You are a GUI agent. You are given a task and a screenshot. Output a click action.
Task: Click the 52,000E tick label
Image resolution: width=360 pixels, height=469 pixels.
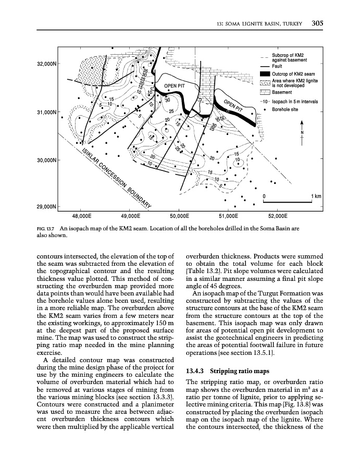pos(277,215)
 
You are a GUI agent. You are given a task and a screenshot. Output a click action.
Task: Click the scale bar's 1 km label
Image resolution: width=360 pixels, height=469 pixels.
pos(316,196)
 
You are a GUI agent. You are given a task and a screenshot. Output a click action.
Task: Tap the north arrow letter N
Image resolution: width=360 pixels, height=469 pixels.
pos(302,132)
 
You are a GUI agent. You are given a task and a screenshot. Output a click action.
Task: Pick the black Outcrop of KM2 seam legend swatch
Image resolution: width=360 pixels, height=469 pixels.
pos(264,74)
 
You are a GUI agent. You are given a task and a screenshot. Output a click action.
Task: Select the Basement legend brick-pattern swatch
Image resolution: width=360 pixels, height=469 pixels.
pos(264,93)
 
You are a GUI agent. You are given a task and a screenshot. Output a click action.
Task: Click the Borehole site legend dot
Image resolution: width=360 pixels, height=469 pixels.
pos(265,109)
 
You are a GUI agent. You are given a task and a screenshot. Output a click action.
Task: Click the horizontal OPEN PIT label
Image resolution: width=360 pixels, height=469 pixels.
pos(175,86)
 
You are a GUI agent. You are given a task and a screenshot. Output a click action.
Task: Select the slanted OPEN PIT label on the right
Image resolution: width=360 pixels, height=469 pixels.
pos(234,106)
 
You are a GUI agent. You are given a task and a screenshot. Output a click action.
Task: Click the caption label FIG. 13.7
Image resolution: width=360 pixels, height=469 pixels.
pos(47,228)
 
